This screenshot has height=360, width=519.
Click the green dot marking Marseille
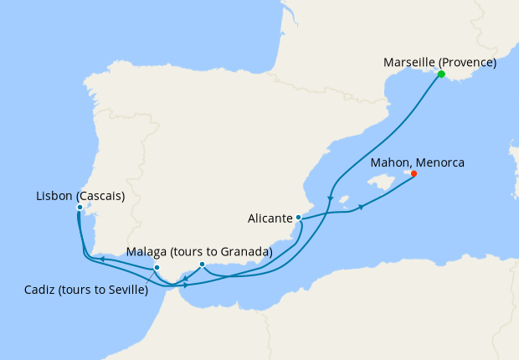441,75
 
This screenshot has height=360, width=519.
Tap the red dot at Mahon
413,174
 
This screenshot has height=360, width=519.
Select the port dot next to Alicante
298,218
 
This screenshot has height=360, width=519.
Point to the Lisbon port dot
80,208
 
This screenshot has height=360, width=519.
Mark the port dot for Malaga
202,265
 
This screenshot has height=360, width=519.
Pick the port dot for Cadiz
157,268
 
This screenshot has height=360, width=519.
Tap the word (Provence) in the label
468,63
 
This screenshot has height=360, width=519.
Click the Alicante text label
270,219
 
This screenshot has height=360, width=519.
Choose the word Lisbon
55,196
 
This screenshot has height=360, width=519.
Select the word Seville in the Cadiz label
125,291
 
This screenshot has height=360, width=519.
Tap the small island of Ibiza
342,199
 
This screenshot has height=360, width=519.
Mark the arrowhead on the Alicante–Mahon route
362,207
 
